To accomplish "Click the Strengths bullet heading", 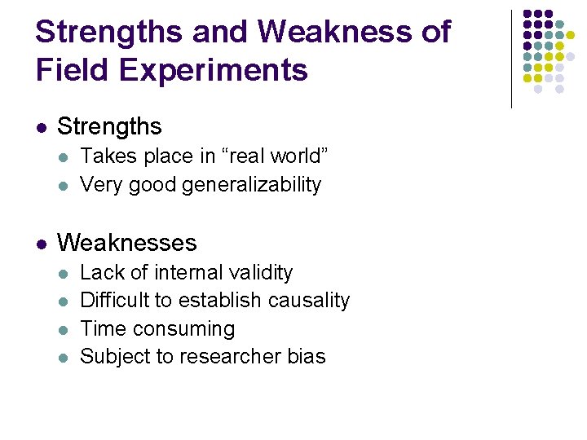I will [109, 127].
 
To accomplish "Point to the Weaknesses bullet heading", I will [126, 243].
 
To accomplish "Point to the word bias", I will [307, 357].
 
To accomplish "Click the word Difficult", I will [110, 301].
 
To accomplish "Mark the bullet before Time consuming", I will [64, 330].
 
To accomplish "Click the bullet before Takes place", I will [64, 156].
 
